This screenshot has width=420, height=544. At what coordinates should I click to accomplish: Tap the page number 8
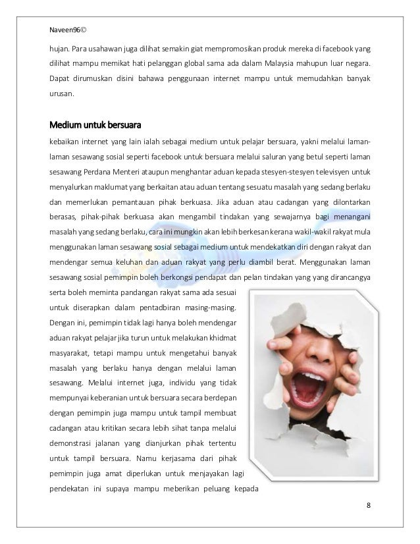click(369, 505)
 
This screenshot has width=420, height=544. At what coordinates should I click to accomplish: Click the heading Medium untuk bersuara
click(95, 124)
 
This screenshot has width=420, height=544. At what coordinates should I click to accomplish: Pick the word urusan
click(63, 94)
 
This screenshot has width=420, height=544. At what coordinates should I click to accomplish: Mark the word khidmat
click(223, 337)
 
